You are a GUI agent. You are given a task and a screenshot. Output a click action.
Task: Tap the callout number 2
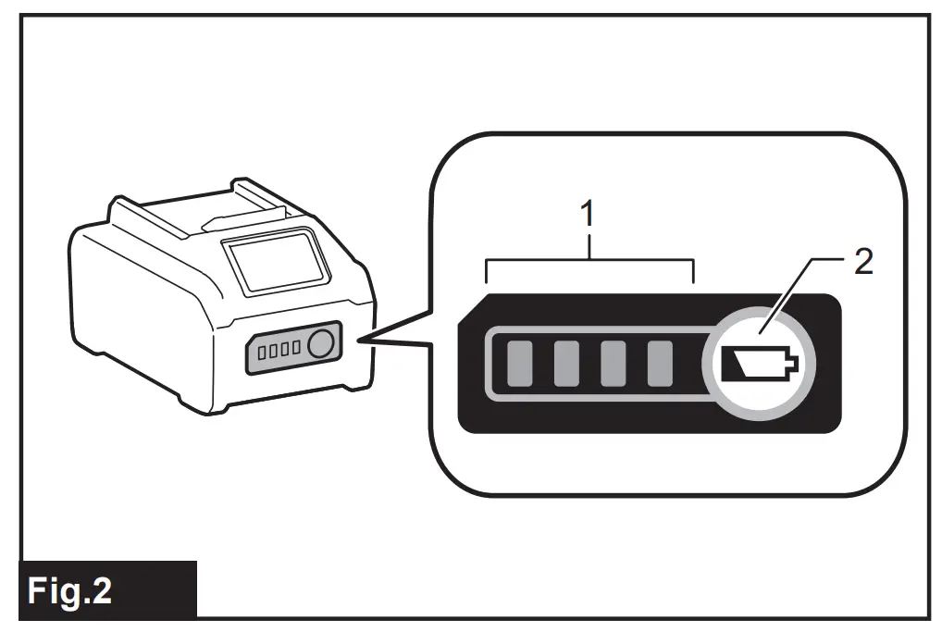pos(862,263)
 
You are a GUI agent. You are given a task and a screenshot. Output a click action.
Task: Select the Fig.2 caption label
pos(70,590)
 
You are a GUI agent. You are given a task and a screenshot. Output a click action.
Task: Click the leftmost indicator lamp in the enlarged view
pos(518,363)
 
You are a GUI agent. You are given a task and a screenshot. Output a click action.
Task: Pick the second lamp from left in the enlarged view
pos(565,363)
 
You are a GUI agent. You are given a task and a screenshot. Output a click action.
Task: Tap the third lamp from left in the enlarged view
pos(613,363)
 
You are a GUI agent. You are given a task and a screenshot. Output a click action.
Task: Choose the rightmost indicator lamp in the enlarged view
pos(659,363)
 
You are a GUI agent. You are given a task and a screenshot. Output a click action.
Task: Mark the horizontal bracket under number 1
pos(589,262)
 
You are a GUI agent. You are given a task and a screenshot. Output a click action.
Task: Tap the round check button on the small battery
pos(320,344)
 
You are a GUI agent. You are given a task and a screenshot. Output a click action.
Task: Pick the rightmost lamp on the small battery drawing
pos(295,348)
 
